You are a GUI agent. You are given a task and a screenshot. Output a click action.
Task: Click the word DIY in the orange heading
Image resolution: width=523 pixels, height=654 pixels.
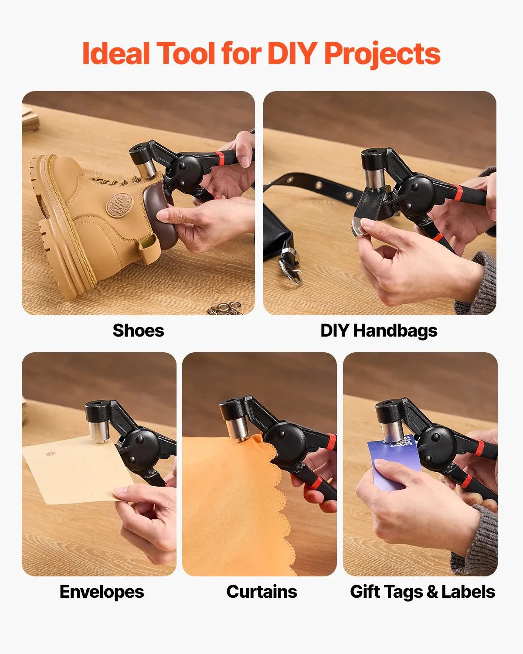[292, 53]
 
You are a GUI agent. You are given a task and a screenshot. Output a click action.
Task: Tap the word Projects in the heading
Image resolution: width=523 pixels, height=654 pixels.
[383, 54]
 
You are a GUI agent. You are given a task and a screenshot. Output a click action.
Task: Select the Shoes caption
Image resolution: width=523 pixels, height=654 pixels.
[138, 330]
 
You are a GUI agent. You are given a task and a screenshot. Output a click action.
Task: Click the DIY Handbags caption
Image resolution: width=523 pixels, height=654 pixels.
[379, 331]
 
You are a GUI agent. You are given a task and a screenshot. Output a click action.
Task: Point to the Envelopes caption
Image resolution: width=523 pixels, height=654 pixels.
[102, 593]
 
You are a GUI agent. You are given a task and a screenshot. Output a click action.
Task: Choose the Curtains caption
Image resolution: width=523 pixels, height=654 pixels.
[261, 592]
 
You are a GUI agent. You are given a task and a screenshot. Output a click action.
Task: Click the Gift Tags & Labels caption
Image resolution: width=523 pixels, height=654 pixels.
[422, 593]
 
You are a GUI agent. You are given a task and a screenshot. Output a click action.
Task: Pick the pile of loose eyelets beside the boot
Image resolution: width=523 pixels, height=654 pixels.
[225, 308]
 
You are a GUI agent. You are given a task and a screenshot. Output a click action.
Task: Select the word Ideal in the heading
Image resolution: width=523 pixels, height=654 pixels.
[116, 53]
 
